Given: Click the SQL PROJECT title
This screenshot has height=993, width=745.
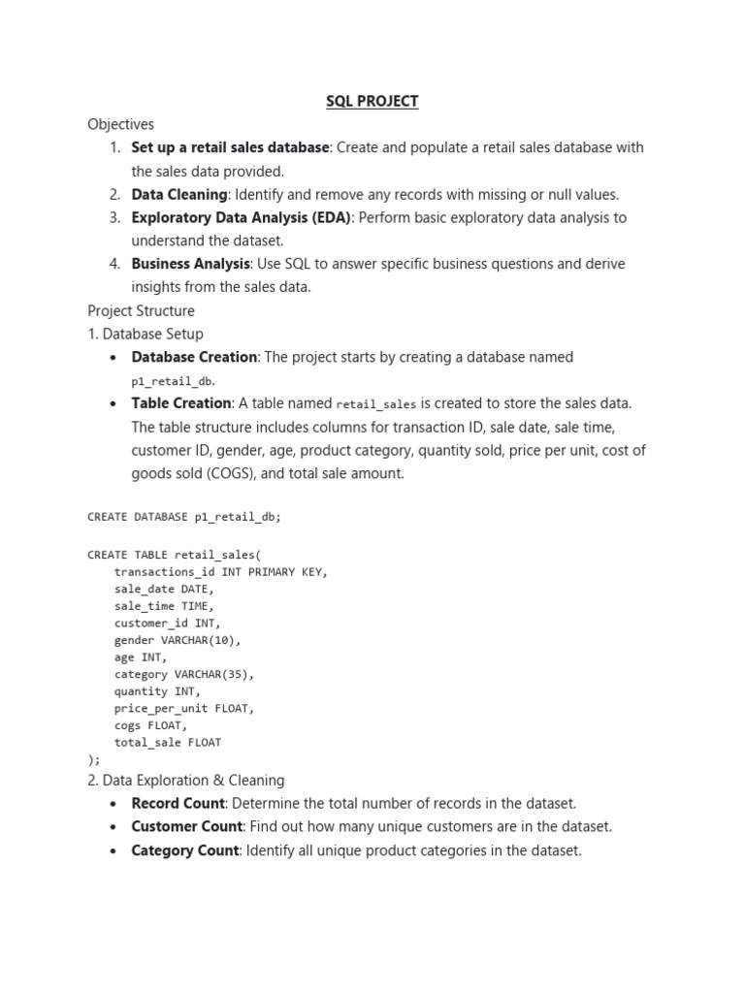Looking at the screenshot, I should [372, 101].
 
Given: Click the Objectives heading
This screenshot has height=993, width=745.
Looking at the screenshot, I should [120, 124].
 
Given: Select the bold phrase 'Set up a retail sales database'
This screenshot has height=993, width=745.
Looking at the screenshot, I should [230, 147].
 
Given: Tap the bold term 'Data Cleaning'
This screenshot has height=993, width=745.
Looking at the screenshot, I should [178, 194].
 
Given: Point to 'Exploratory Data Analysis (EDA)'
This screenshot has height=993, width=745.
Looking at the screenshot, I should [243, 217].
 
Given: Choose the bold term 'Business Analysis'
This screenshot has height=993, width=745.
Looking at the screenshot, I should [190, 264].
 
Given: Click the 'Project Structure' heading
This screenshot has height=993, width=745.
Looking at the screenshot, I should [141, 310].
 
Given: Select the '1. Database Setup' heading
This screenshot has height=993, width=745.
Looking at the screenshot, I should [146, 334].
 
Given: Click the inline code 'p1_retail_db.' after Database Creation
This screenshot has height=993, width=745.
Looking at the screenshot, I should [174, 382].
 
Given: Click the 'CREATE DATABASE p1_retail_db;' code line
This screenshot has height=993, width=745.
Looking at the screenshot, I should [184, 517].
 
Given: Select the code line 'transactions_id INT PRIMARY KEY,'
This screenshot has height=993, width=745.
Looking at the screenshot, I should [221, 571].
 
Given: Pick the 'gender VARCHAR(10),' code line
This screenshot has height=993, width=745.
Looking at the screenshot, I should [178, 640].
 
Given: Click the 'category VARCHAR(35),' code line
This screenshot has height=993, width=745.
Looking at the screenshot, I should [184, 674].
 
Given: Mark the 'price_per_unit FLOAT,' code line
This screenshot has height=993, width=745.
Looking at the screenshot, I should [184, 708].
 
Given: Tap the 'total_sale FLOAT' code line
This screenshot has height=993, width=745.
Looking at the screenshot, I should [168, 742].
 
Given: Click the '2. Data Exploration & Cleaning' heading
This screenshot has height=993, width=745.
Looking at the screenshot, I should [186, 780].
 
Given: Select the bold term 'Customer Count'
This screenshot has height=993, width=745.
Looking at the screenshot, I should [186, 826].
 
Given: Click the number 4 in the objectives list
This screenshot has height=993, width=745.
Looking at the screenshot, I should [114, 264].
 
